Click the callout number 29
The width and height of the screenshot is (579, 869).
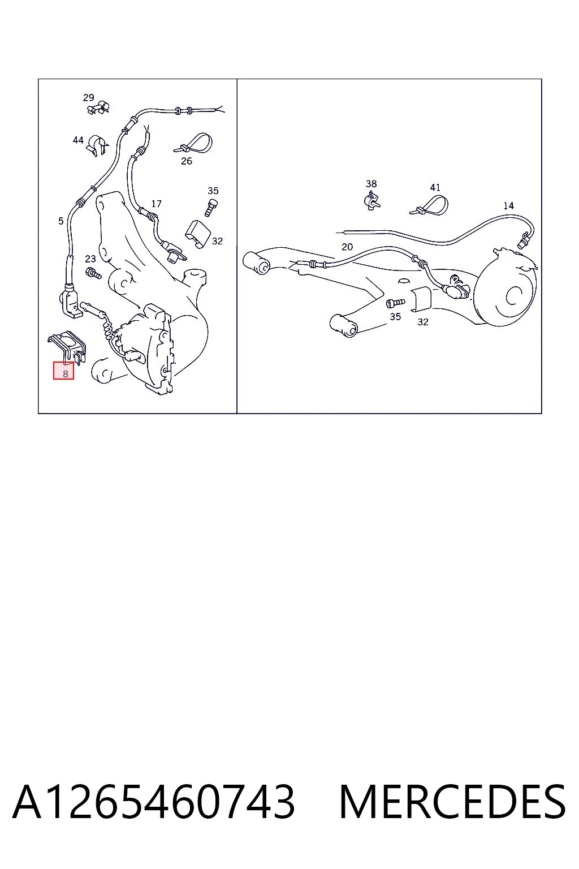(88, 97)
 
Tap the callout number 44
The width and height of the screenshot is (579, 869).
(78, 140)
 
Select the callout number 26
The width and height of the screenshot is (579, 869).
(187, 161)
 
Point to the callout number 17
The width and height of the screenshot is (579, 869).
(156, 204)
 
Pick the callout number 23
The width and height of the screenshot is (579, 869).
(90, 259)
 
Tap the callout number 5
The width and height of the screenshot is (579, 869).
(61, 221)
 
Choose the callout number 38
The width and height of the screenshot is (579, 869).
(371, 183)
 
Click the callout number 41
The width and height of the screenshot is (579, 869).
(435, 188)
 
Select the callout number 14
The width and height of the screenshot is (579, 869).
(508, 206)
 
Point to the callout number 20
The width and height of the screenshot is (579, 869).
(347, 247)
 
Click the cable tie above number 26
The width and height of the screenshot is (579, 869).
(193, 144)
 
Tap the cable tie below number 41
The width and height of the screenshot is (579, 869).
(429, 206)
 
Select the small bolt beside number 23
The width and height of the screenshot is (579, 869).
(93, 273)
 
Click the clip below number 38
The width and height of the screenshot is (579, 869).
(372, 200)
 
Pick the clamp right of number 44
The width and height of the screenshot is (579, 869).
(97, 145)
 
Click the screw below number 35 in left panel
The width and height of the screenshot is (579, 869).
(211, 208)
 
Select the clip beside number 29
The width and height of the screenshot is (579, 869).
(98, 107)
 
